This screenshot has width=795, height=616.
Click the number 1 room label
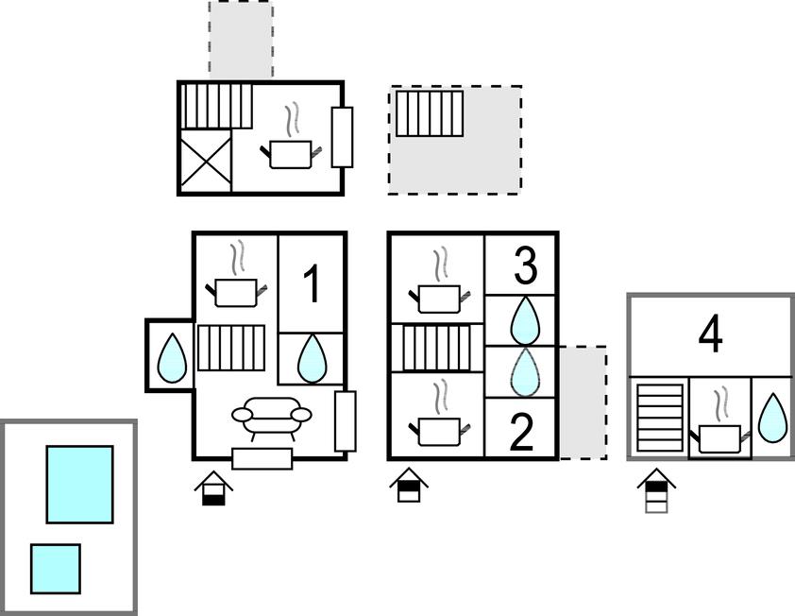[313, 284]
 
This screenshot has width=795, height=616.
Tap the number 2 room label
[522, 432]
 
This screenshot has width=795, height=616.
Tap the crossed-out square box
[205, 161]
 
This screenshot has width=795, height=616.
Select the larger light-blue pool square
[79, 484]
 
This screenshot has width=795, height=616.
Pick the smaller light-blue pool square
[56, 569]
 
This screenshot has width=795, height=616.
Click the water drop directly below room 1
[311, 358]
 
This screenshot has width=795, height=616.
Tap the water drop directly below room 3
[524, 320]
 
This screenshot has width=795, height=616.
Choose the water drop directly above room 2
[524, 372]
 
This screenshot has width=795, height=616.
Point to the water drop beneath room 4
[771, 418]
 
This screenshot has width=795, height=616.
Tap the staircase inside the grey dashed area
[430, 113]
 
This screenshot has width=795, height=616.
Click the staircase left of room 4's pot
[660, 419]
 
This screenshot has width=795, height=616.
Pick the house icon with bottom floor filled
[213, 488]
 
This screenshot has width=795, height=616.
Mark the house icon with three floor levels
[656, 490]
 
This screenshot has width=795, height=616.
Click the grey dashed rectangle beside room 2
[584, 402]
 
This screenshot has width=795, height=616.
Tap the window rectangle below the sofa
[262, 459]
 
